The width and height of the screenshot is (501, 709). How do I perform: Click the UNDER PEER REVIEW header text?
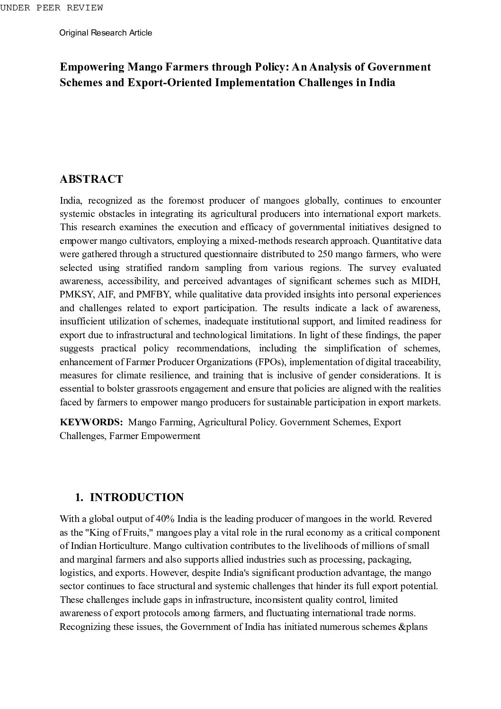51,8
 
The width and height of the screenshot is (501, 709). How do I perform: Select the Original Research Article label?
106,33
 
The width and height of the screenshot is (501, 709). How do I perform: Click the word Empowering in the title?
92,67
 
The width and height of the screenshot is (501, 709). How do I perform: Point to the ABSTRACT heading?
91,179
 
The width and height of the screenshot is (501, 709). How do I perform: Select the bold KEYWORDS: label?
91,422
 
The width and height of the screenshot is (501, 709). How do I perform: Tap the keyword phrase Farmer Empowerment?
154,436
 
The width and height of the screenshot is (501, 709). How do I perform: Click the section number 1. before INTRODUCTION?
79,497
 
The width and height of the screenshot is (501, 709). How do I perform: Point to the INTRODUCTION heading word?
137,497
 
